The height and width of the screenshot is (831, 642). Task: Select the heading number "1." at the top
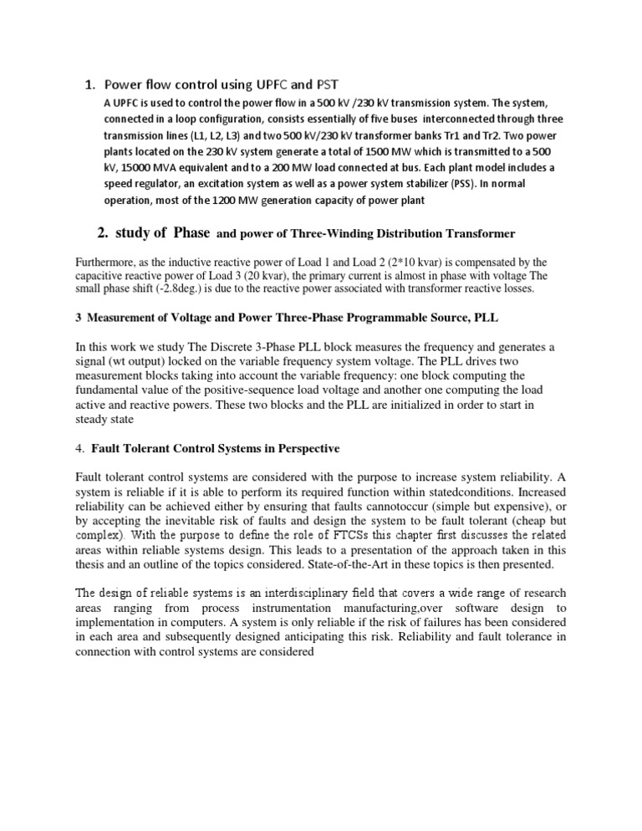(x=90, y=84)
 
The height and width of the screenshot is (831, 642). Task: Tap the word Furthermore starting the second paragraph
(x=104, y=262)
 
